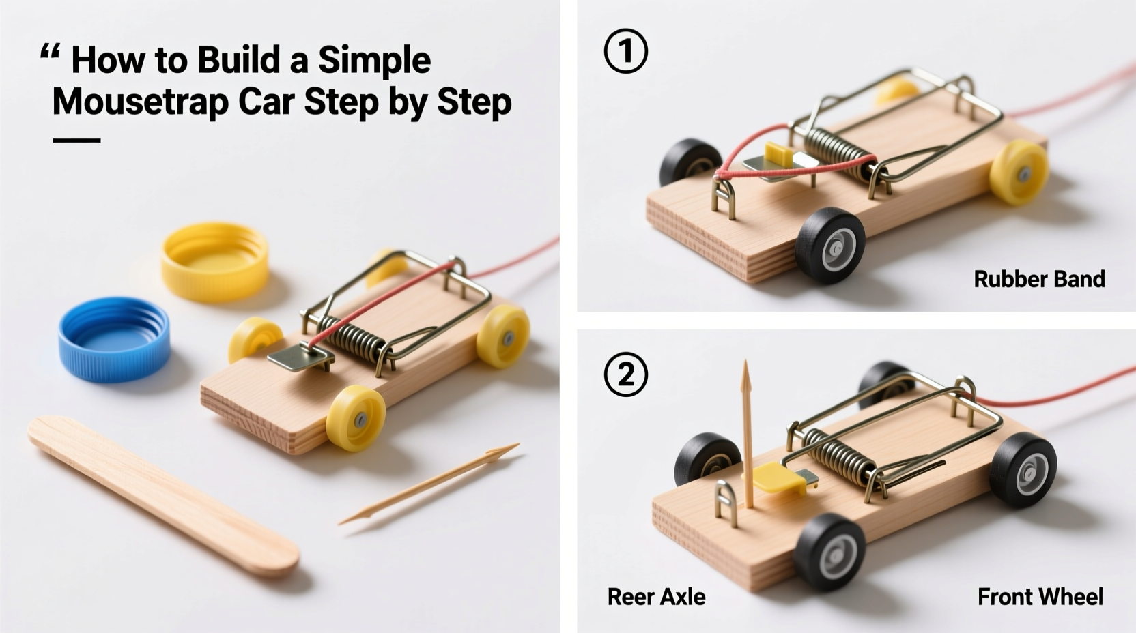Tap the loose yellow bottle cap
click(215, 261)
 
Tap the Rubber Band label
click(1038, 279)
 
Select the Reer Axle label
click(656, 597)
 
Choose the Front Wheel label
click(1040, 597)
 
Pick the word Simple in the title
click(374, 60)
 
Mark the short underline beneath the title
click(76, 141)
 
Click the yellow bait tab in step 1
click(778, 154)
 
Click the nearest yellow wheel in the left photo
click(355, 417)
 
